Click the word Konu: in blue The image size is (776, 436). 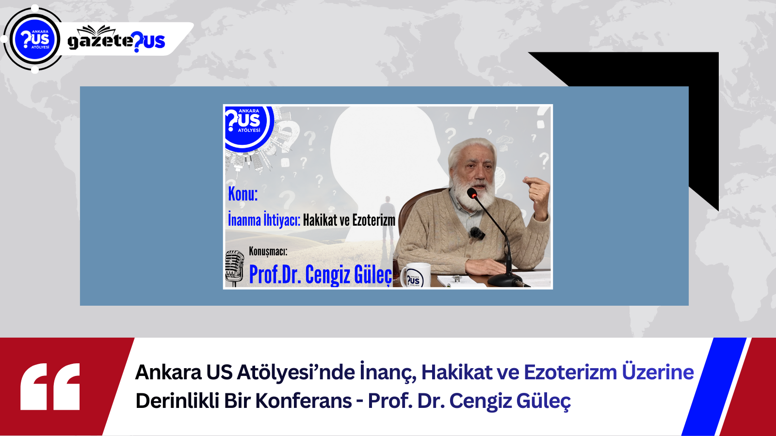point(243,194)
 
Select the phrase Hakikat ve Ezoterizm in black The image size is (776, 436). point(349,220)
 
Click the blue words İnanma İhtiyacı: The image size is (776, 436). point(264,219)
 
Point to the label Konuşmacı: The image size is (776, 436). point(268,251)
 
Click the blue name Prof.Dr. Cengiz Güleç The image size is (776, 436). point(321,275)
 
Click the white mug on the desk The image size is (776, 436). point(416,275)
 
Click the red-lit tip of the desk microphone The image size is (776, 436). point(473,194)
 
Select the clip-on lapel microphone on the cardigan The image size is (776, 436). point(477,233)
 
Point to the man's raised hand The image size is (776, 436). point(537,194)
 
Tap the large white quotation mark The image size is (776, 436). point(50,387)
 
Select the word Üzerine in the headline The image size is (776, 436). point(658,373)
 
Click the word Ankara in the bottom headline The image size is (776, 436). point(168,373)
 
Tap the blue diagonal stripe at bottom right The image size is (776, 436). point(714,387)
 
